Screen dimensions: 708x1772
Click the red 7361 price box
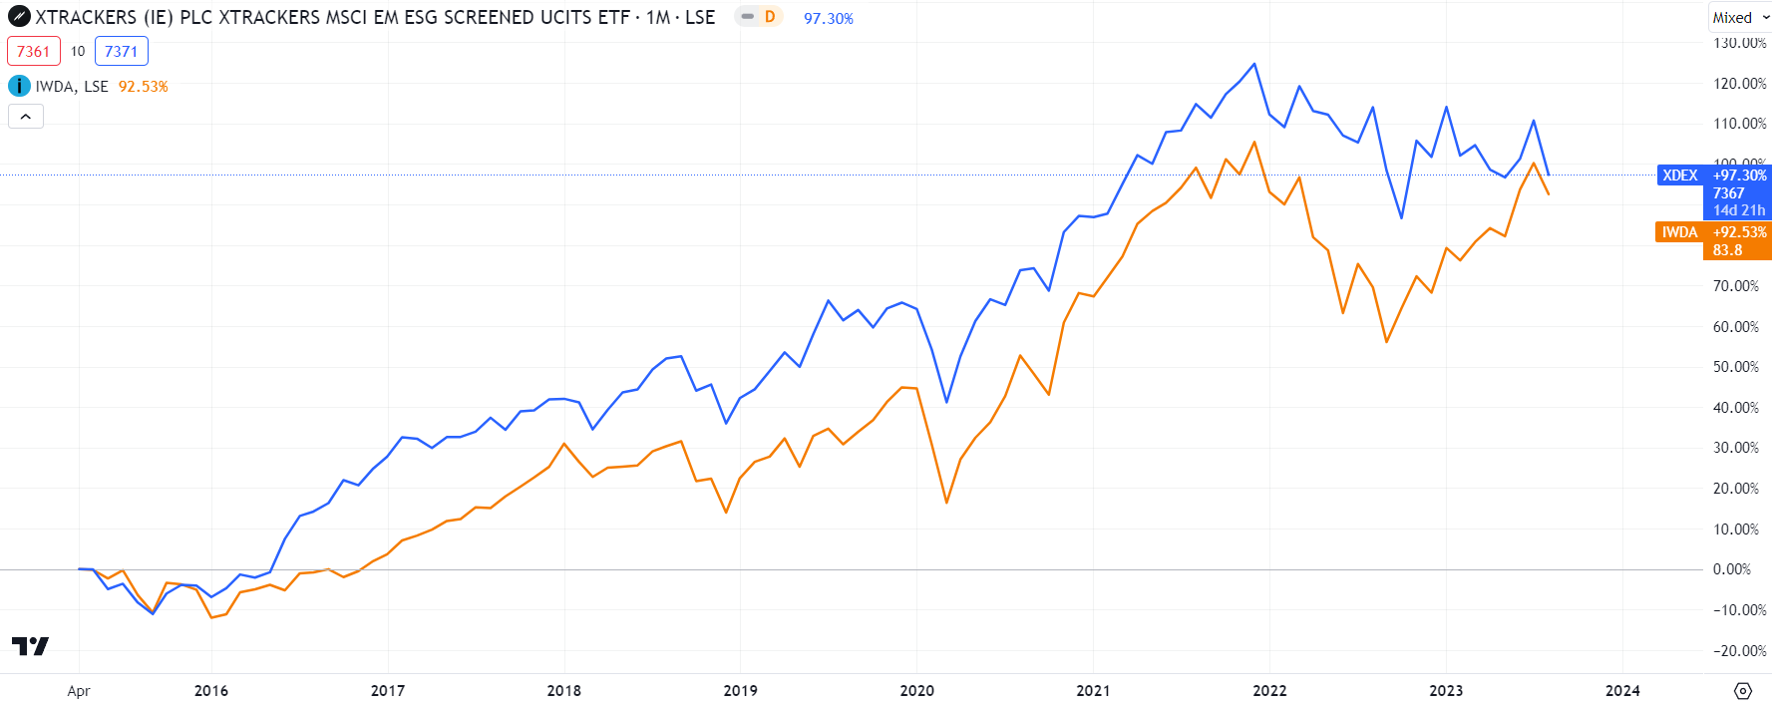(x=33, y=51)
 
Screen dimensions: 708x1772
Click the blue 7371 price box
(x=121, y=51)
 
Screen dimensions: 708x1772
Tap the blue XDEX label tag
(x=1679, y=176)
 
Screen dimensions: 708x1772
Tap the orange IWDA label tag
(x=1679, y=232)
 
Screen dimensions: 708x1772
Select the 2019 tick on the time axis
(x=740, y=690)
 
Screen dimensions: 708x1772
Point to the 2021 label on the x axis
(x=1093, y=690)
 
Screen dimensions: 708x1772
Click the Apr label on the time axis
(x=79, y=691)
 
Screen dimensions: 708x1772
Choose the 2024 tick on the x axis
(x=1622, y=690)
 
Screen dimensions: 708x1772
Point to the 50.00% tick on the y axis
(x=1735, y=367)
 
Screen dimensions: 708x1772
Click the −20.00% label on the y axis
(x=1735, y=651)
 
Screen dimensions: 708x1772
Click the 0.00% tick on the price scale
(x=1732, y=569)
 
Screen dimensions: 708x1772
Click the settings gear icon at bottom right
(x=1743, y=690)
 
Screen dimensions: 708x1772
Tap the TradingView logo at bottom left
(x=30, y=646)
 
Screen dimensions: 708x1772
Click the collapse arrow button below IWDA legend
(x=26, y=117)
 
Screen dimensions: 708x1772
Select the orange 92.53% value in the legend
(x=143, y=87)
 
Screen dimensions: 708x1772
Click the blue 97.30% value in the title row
(x=828, y=19)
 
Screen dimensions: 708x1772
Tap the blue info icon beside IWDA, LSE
(x=19, y=86)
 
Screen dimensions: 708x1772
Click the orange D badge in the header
(x=769, y=17)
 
